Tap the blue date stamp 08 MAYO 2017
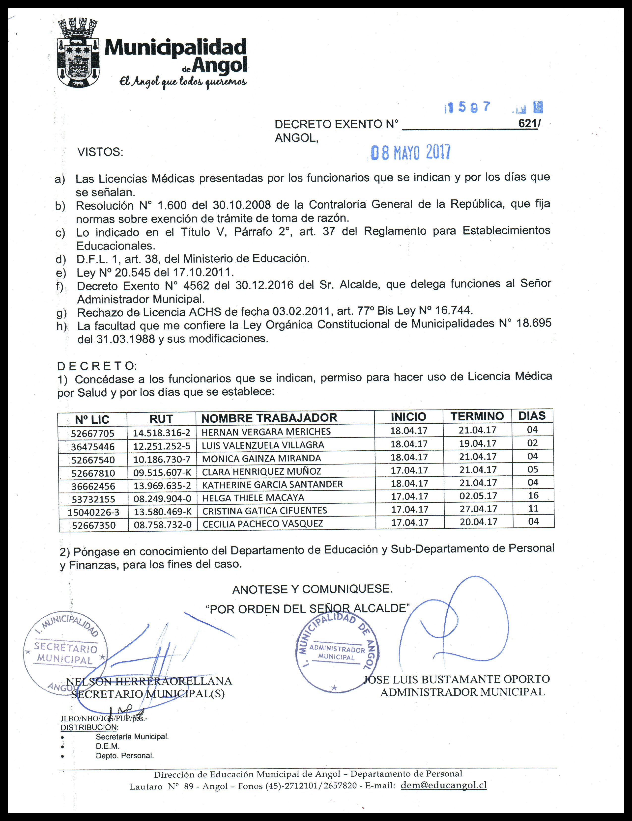(x=411, y=153)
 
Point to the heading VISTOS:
(x=100, y=152)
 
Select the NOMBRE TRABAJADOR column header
(x=269, y=418)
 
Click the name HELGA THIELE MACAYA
(x=253, y=498)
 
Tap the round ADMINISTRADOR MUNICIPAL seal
(x=337, y=655)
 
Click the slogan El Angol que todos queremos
(x=183, y=82)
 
